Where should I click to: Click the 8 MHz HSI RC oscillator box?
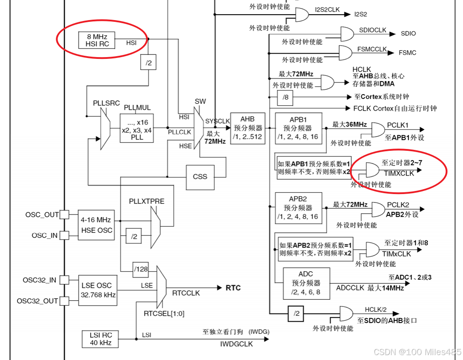tap(97, 40)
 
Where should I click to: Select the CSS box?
tap(200, 176)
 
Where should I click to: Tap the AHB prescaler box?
tap(247, 128)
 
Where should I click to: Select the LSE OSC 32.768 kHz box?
tap(97, 290)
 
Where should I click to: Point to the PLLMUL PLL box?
tap(137, 128)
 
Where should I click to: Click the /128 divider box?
tap(140, 269)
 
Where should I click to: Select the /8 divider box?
tap(286, 97)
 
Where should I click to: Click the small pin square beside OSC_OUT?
tap(65, 215)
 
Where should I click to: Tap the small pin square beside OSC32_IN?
tap(65, 280)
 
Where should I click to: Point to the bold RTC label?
tap(233, 288)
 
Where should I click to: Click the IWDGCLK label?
tap(236, 344)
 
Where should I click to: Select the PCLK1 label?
tap(397, 125)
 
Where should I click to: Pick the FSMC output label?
tap(407, 53)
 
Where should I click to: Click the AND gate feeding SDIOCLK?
tap(347, 33)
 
